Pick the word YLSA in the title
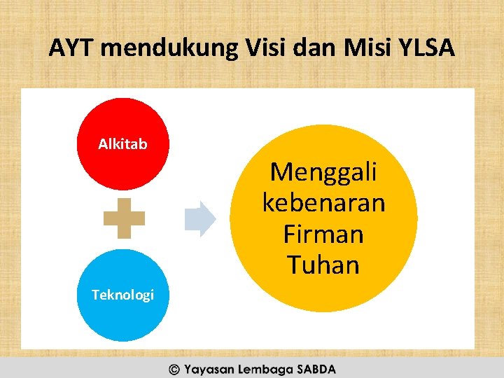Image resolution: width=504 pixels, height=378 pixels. coord(428,48)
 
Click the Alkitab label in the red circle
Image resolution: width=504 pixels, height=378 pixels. coord(122,144)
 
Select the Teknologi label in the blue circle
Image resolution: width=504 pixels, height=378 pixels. coord(122,295)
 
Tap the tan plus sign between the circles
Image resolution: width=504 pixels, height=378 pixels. coord(124,218)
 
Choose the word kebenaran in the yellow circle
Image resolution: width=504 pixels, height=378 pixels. coord(323,203)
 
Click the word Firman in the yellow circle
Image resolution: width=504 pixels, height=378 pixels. coord(323,234)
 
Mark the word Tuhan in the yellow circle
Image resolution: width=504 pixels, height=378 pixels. coord(323,265)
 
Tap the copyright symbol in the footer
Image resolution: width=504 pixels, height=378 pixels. coord(173,369)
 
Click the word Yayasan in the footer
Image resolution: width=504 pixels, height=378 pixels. coord(209,369)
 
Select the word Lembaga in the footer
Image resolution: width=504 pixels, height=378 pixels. coord(264,369)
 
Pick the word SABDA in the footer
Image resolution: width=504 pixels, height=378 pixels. coord(316,369)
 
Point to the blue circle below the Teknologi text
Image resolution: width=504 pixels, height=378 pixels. coord(122,322)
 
